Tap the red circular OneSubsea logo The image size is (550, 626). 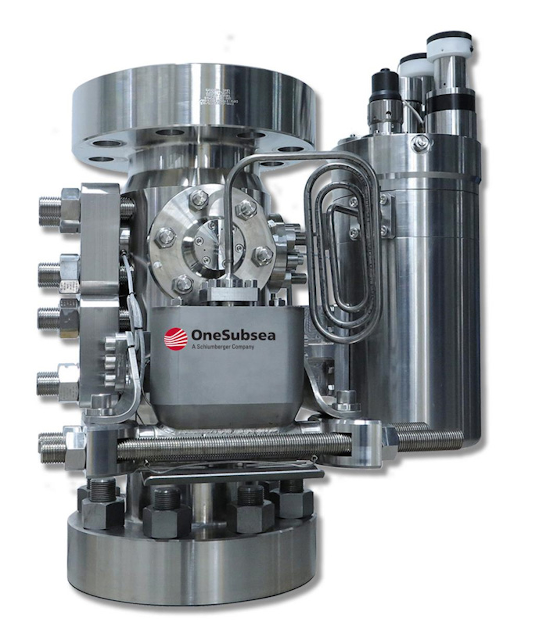pos(176,339)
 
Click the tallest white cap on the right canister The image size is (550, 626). pos(449,43)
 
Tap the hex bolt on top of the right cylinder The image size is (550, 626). pos(419,143)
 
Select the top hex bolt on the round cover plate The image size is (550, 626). pos(198,198)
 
